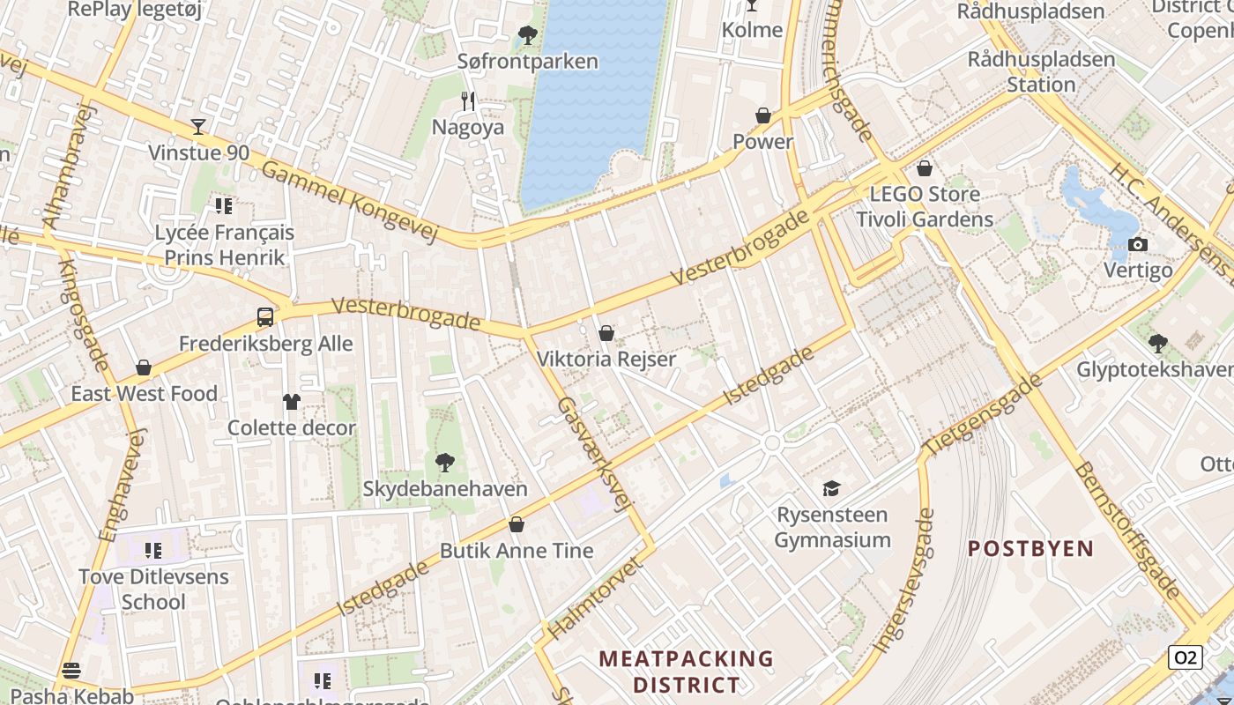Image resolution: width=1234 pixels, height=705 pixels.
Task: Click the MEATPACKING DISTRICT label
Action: (686, 672)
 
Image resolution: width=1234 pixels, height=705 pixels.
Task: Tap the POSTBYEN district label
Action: (1030, 548)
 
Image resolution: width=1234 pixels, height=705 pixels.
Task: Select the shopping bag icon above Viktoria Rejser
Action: (606, 333)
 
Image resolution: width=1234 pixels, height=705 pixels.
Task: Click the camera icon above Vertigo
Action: (1138, 244)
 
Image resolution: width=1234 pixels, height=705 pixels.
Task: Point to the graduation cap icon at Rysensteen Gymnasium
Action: (831, 488)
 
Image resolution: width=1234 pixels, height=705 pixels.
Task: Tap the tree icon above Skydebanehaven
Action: (445, 462)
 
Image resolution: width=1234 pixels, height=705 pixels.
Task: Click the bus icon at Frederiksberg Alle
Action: (265, 317)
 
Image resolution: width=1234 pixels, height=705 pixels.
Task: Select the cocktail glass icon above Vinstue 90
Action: (198, 127)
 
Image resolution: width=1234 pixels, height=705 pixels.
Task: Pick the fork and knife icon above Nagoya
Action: (468, 101)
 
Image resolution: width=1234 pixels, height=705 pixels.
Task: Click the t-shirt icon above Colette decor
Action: (292, 402)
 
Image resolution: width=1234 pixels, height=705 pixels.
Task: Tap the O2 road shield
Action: (1186, 657)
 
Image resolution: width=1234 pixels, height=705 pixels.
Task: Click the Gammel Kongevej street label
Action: (350, 201)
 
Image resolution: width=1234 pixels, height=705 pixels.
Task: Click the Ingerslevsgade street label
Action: (903, 581)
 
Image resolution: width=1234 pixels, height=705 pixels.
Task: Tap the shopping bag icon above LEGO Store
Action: (925, 167)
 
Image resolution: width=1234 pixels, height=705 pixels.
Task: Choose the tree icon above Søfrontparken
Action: (528, 36)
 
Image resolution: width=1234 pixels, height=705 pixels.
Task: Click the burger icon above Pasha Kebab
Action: (71, 671)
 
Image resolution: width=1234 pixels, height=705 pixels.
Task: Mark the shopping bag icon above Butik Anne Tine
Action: (517, 525)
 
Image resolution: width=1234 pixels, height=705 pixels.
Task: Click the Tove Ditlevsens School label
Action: (153, 590)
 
